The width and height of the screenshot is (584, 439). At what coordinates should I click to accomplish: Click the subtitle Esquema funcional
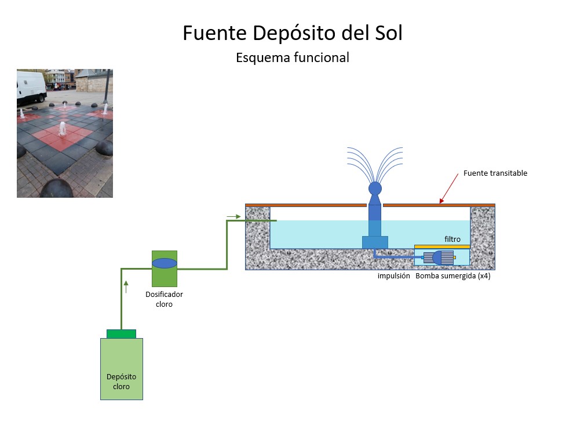tap(292, 57)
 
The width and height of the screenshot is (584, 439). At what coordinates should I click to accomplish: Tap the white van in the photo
tap(31, 87)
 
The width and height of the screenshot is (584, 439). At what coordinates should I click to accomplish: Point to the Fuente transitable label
tap(495, 173)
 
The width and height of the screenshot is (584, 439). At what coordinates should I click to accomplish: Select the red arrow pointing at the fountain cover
tap(450, 189)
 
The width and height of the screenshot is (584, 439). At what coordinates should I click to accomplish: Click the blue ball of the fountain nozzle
tap(375, 188)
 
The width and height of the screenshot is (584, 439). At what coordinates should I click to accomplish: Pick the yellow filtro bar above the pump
tap(442, 247)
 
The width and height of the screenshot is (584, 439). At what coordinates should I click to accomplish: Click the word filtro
tap(452, 239)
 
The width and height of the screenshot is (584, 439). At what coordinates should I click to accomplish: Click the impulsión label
tap(394, 276)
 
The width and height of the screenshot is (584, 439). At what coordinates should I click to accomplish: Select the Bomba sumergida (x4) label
tap(453, 276)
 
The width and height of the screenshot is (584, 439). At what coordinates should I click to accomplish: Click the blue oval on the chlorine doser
tap(164, 263)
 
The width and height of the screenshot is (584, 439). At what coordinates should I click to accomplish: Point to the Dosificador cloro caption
tap(164, 299)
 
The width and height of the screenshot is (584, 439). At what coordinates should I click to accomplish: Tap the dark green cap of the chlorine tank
tap(121, 333)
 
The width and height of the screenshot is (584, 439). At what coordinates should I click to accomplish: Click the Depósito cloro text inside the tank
tap(121, 382)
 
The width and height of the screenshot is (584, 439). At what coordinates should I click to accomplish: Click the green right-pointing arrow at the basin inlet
tap(233, 217)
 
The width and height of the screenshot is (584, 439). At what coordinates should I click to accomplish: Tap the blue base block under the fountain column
tap(375, 242)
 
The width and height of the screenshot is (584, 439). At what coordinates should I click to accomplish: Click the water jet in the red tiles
tap(63, 128)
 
